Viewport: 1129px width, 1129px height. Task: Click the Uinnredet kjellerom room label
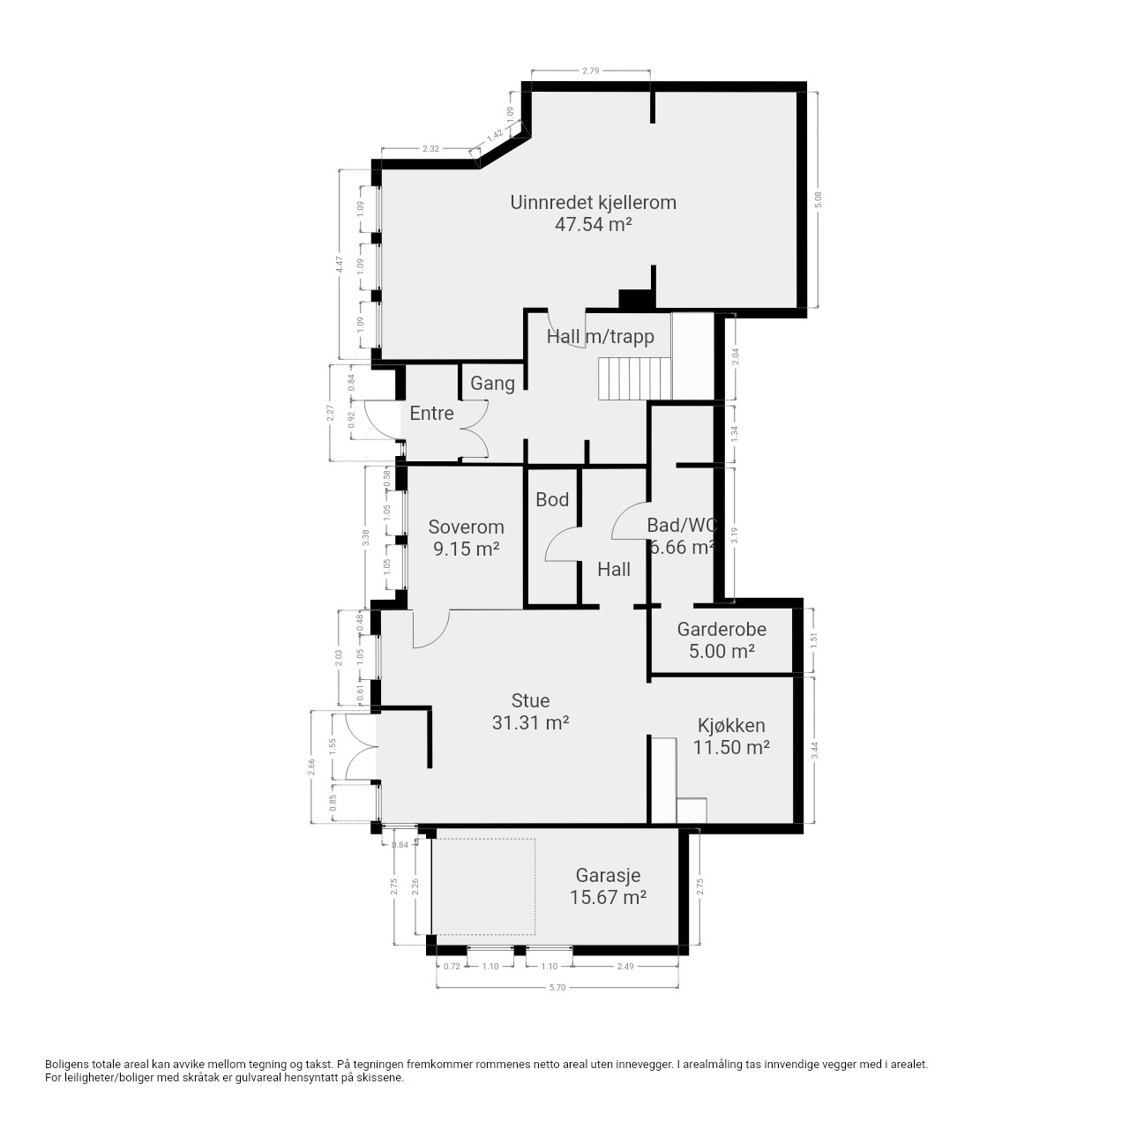[x=593, y=202]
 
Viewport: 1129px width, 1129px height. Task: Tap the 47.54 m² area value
[x=593, y=224]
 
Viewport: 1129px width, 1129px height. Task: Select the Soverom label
[x=466, y=527]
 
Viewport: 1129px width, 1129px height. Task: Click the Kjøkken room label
[x=730, y=725]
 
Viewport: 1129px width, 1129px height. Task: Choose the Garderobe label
[x=722, y=629]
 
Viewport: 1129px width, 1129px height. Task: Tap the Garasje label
[x=608, y=875]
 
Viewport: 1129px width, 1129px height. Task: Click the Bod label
[x=552, y=499]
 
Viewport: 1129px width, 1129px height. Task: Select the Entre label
[x=431, y=413]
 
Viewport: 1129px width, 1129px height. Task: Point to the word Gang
[x=492, y=383]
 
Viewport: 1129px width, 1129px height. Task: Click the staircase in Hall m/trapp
[x=634, y=379]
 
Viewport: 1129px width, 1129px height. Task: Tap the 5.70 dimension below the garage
[x=557, y=987]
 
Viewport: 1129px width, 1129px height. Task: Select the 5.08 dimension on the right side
[x=819, y=200]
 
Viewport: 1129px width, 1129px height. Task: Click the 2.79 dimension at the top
[x=591, y=71]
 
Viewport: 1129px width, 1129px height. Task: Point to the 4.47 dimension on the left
[x=340, y=265]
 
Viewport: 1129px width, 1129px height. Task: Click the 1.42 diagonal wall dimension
[x=495, y=135]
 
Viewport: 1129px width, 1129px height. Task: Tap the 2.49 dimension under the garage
[x=625, y=966]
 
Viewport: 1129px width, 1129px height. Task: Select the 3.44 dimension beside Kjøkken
[x=814, y=750]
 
